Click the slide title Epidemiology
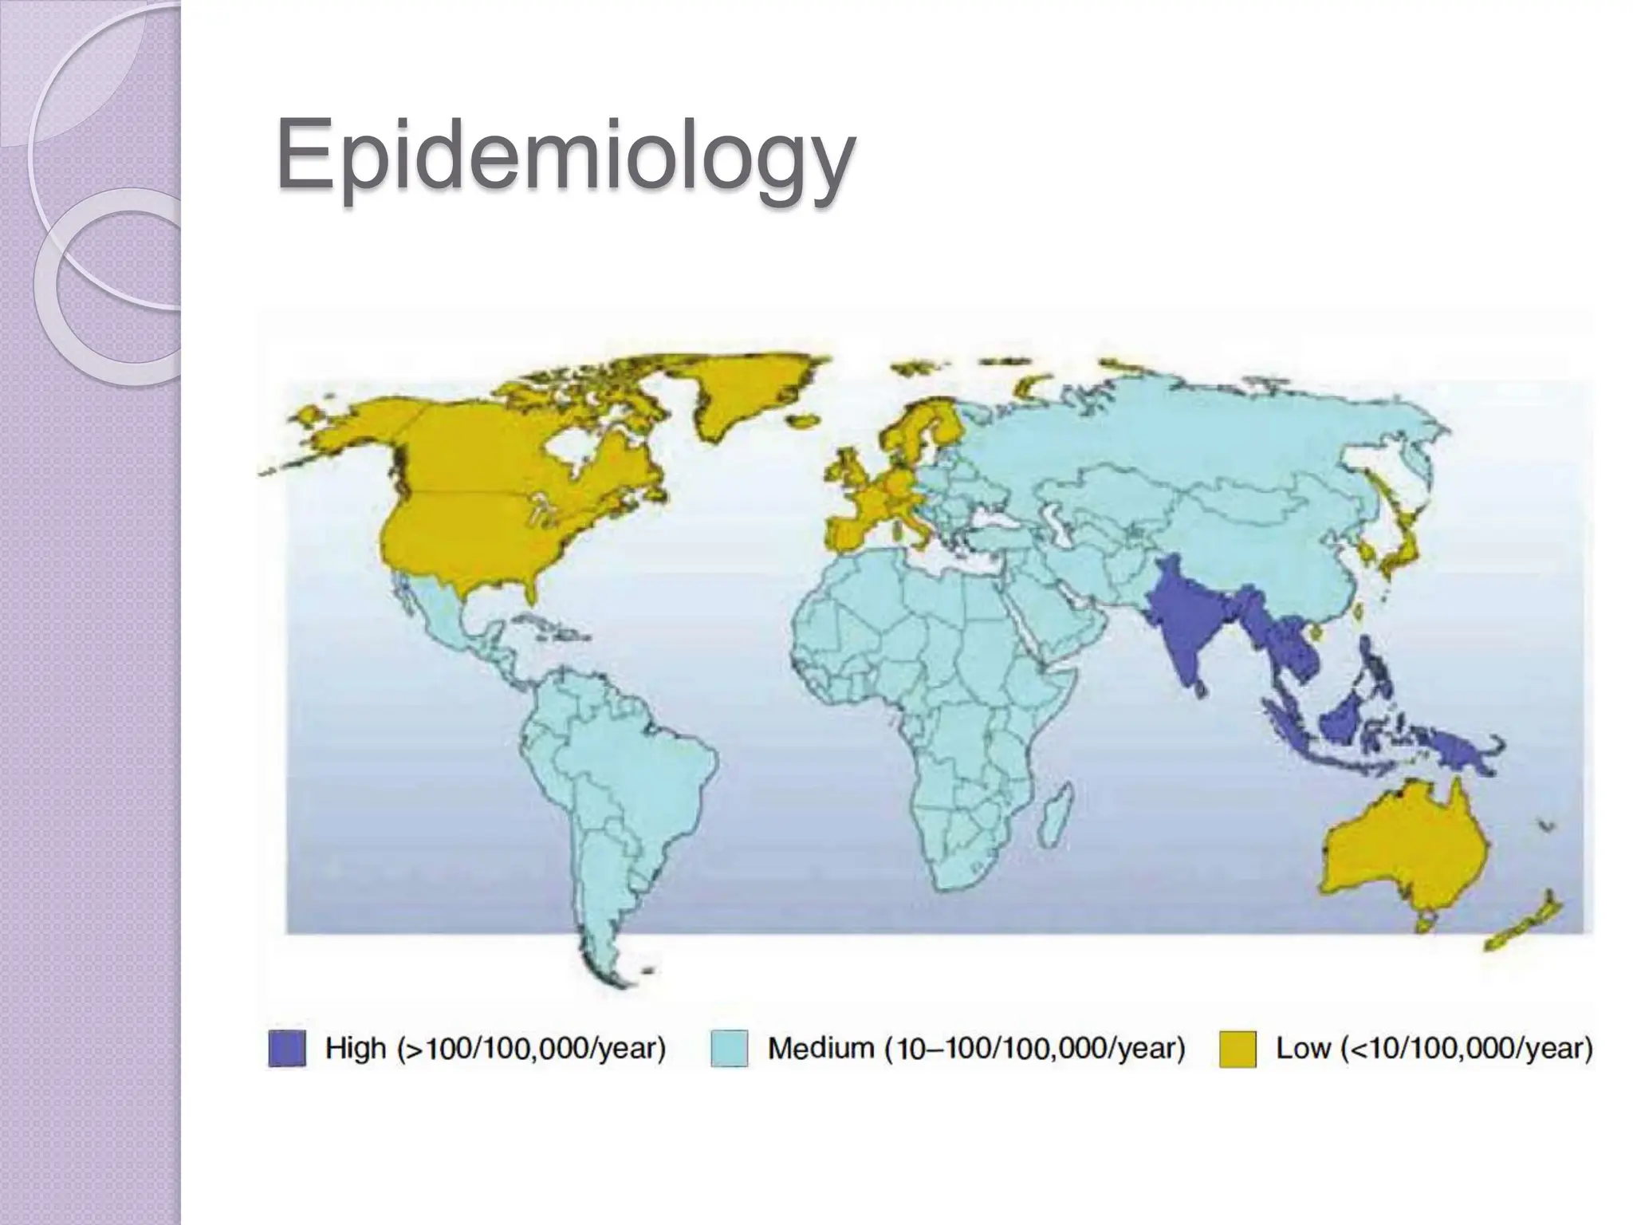pyautogui.click(x=565, y=156)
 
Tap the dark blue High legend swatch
pyautogui.click(x=287, y=1048)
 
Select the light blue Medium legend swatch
pyautogui.click(x=729, y=1048)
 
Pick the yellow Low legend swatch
pyautogui.click(x=1238, y=1048)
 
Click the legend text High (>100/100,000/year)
pyautogui.click(x=495, y=1048)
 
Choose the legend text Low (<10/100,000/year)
pyautogui.click(x=1434, y=1048)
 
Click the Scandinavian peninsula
pyautogui.click(x=917, y=431)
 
